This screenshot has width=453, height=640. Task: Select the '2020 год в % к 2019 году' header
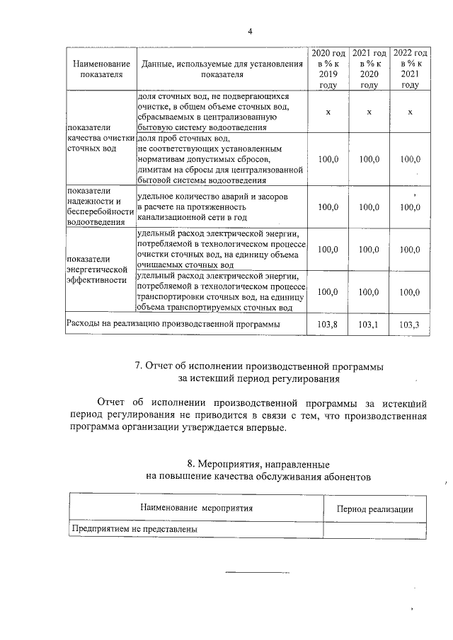click(x=328, y=69)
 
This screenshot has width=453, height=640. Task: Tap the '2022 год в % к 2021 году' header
click(x=410, y=69)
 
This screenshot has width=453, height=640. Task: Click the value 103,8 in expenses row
click(x=328, y=324)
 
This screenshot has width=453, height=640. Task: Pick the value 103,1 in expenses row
click(x=369, y=324)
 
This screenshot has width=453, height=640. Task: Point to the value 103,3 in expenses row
click(x=410, y=324)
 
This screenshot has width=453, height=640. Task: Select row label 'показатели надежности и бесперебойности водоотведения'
click(x=100, y=206)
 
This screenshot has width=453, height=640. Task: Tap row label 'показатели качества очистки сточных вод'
click(x=100, y=139)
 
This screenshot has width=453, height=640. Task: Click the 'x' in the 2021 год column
click(x=369, y=112)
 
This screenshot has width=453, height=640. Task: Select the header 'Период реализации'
click(x=374, y=508)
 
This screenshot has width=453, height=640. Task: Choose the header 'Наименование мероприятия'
click(x=196, y=508)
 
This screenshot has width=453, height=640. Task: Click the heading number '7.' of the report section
click(x=139, y=366)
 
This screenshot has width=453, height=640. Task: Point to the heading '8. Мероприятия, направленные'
click(x=257, y=465)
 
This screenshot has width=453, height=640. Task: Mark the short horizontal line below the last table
click(x=248, y=572)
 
